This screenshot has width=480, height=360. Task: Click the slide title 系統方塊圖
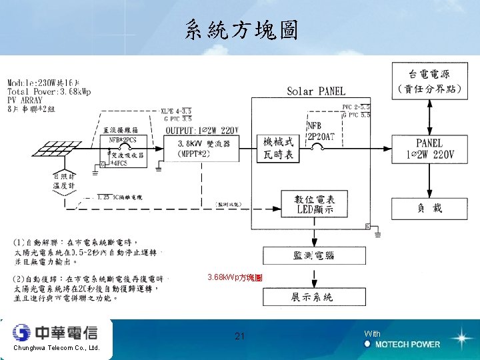[x=241, y=29]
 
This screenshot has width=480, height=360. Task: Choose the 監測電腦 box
[x=313, y=255]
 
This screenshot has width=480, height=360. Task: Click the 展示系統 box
[x=313, y=297]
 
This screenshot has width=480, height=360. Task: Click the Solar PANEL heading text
[x=316, y=91]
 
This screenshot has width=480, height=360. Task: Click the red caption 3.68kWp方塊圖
[x=234, y=277]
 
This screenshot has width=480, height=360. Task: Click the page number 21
[x=240, y=336]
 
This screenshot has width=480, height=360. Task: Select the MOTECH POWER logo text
[x=407, y=344]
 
